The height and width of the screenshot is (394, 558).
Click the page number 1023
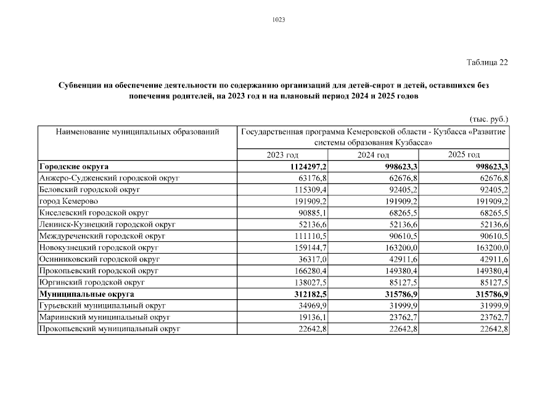279,20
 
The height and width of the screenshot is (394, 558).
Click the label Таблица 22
487,62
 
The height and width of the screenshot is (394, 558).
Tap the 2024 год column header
374,155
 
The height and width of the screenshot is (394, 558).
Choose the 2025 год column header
464,155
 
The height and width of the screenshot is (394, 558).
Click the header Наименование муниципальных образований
137,132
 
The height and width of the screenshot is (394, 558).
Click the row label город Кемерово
69,201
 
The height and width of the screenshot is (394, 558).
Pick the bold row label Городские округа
74,166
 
